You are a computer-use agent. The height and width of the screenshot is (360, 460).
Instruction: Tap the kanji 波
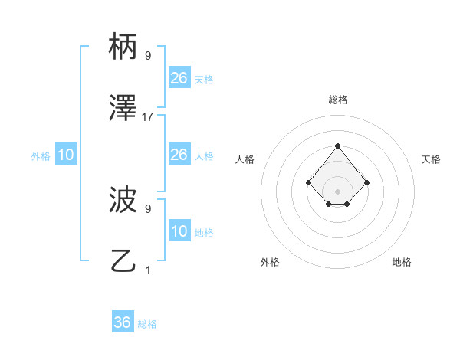tap(123, 200)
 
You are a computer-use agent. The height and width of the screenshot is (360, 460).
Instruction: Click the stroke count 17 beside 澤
tap(148, 117)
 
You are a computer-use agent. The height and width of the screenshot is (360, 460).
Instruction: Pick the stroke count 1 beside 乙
tap(148, 270)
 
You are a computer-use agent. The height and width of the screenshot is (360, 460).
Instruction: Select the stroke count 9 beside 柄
tap(148, 55)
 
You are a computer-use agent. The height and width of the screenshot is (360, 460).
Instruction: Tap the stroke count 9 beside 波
tap(148, 208)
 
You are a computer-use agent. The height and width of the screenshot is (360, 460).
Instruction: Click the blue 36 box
tap(123, 322)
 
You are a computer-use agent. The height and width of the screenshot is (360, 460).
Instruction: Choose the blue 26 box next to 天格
tap(179, 78)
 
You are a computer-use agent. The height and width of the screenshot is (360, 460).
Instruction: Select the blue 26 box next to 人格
tap(179, 155)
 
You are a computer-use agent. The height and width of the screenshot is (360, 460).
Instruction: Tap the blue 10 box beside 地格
tap(179, 231)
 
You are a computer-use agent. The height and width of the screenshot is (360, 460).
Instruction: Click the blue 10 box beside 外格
tap(66, 155)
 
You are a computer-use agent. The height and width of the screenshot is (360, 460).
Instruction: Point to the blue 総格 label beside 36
tap(147, 324)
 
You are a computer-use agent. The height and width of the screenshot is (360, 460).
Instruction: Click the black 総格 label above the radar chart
tap(338, 100)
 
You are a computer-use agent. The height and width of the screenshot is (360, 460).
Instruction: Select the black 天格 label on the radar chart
tap(431, 159)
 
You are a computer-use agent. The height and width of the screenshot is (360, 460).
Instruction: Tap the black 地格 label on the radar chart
tap(402, 262)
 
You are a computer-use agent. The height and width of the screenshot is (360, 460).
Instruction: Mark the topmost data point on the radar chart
tap(337, 146)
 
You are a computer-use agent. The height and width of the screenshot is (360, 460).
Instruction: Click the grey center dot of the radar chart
tap(337, 191)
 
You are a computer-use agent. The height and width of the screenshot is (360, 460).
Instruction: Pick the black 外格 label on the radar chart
tap(270, 262)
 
